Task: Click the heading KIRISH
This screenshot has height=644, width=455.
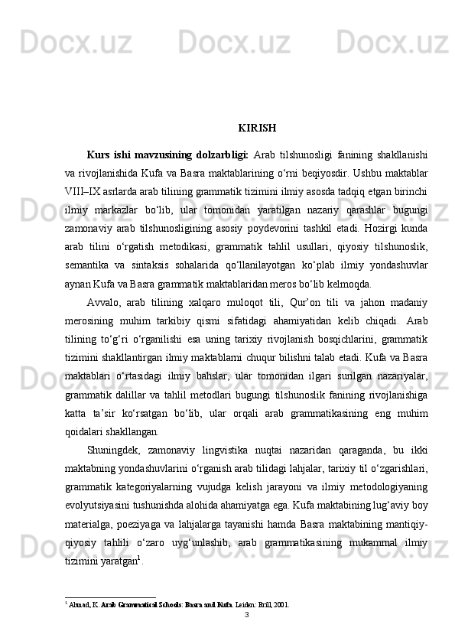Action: tap(257, 127)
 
